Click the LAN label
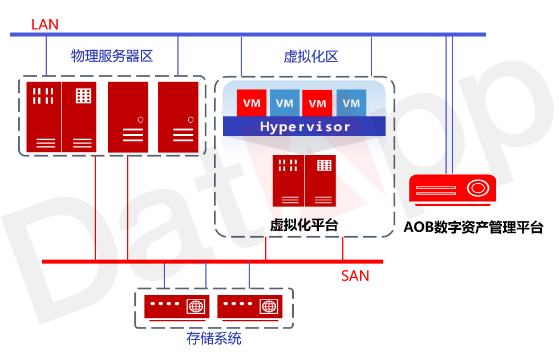coord(44,25)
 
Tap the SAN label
coord(355,276)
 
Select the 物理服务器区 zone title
coord(112,56)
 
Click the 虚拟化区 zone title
coord(311,56)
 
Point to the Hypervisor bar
coord(304,126)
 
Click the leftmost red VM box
coord(252,103)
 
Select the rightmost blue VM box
coord(351,103)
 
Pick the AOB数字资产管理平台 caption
coord(473,227)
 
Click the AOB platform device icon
coord(452,190)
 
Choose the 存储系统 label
coord(214,338)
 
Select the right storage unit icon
coord(250,307)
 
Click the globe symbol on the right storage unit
coord(268,306)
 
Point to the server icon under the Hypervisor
coord(304,180)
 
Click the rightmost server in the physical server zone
coord(179,117)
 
